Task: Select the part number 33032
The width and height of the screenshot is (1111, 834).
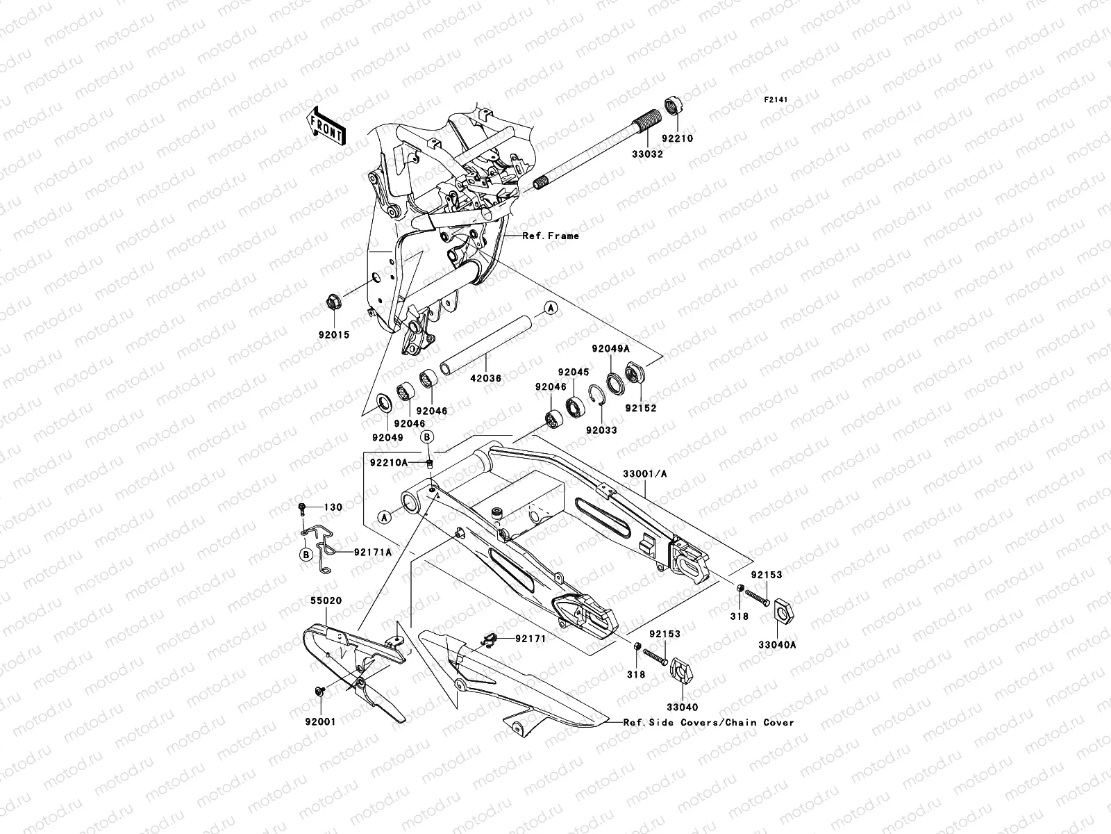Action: [x=647, y=154]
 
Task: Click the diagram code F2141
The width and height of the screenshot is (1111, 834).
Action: [x=777, y=100]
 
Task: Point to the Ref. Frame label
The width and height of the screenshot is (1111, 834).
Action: [x=551, y=236]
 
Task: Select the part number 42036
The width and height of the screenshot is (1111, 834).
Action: [x=485, y=379]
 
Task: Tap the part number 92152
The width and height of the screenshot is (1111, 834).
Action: [x=640, y=408]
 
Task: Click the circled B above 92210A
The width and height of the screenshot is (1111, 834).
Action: [x=428, y=436]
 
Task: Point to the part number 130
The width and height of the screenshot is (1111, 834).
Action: [x=333, y=507]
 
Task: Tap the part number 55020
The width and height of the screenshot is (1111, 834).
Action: [x=325, y=599]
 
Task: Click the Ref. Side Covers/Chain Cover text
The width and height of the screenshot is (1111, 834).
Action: [x=708, y=722]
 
